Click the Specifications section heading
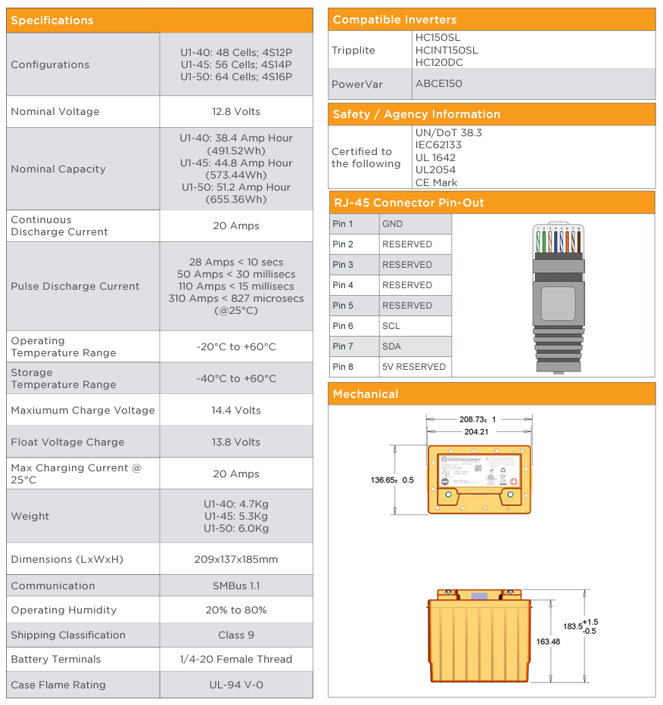tap(52, 20)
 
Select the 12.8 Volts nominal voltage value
tap(236, 111)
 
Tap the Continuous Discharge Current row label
tap(59, 225)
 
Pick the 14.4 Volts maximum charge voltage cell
tap(236, 410)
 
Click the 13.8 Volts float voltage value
tap(236, 442)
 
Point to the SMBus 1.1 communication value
tap(236, 585)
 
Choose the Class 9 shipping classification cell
tap(236, 635)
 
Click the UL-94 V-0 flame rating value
tap(236, 685)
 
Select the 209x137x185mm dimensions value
tap(236, 559)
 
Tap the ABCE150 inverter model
tap(438, 83)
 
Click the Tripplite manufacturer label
tap(353, 50)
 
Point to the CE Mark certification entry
tap(436, 182)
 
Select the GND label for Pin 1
tap(393, 224)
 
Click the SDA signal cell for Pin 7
tap(391, 346)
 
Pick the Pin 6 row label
tap(343, 326)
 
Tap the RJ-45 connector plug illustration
tap(558, 295)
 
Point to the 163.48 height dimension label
tap(548, 641)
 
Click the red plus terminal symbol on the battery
tap(514, 482)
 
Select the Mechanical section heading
tap(365, 394)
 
